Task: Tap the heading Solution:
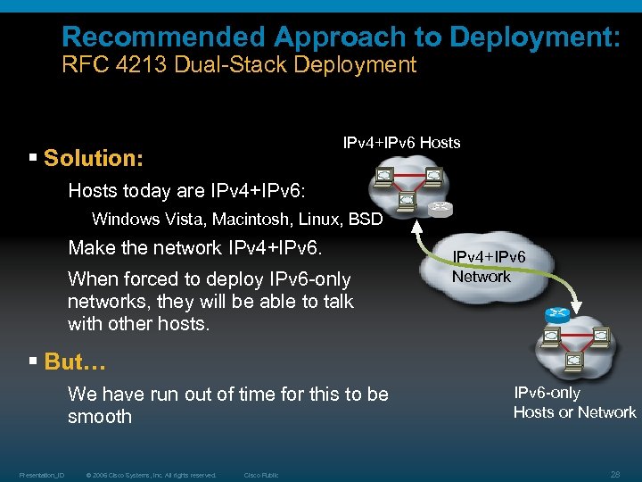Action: pos(93,159)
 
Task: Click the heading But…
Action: pos(75,361)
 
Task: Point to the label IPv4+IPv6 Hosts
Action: pos(401,143)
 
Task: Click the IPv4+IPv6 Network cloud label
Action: pos(489,267)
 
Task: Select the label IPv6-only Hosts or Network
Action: pos(574,403)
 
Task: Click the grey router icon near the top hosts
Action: pos(440,209)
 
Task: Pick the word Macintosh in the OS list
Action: pos(236,220)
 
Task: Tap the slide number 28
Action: pos(614,475)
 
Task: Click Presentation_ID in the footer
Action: pos(39,475)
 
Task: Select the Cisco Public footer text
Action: pos(260,475)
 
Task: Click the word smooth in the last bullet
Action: pos(99,417)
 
